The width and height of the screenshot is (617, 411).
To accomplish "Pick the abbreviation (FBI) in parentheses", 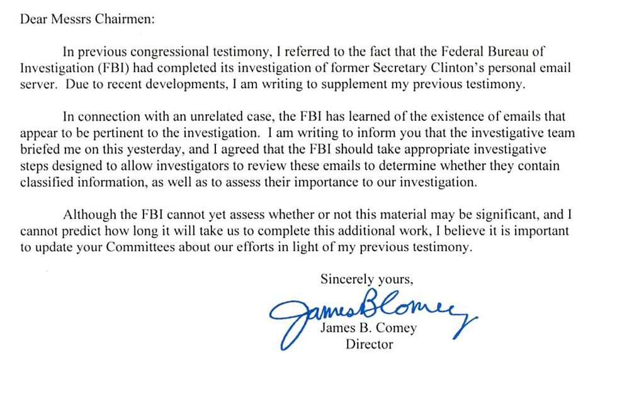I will tap(96, 69).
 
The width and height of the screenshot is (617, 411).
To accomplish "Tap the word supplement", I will tap(353, 85).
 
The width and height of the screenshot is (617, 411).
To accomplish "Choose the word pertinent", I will tap(137, 133).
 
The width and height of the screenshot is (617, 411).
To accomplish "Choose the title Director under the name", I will tap(369, 344).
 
